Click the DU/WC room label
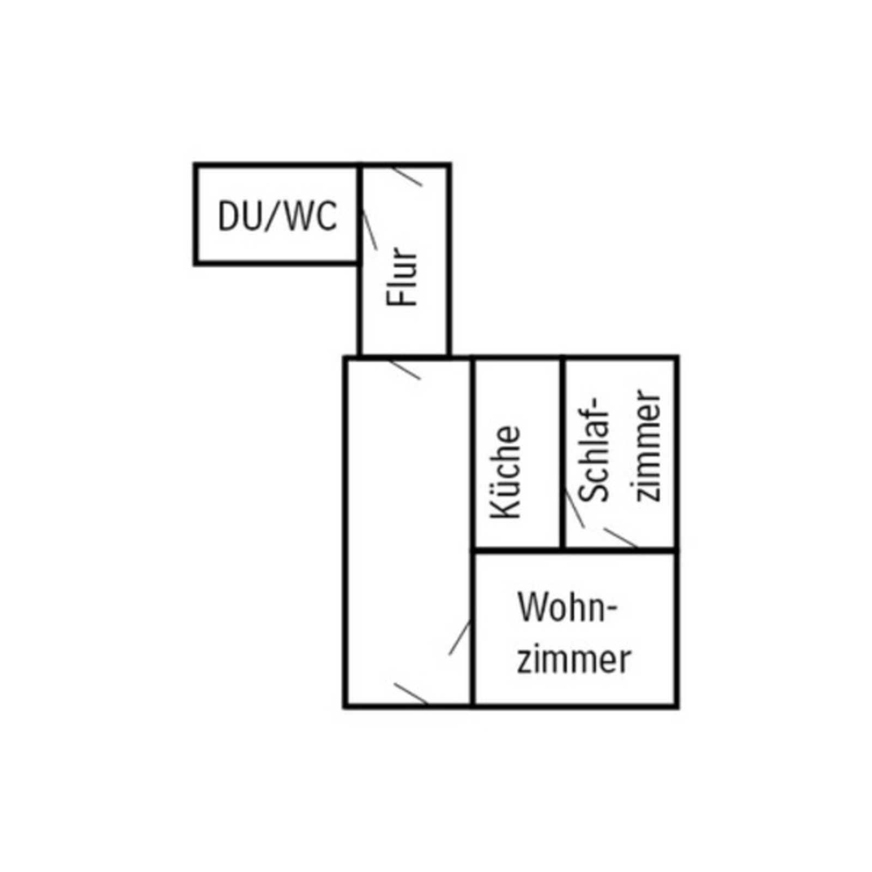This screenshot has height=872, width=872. [x=277, y=216]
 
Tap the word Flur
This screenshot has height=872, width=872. [x=402, y=277]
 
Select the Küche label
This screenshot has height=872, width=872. [x=506, y=472]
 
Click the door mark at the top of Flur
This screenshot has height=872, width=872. [x=408, y=175]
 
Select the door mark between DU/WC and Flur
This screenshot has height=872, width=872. [x=370, y=229]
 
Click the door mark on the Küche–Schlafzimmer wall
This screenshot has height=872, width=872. [x=574, y=509]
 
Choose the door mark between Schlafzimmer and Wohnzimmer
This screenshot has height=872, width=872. [x=620, y=537]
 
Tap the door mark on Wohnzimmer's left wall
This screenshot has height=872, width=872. [x=460, y=638]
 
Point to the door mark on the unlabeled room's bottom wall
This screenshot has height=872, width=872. [x=410, y=693]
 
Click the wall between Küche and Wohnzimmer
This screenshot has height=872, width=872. [x=517, y=552]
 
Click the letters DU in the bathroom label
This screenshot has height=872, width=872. [x=240, y=216]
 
